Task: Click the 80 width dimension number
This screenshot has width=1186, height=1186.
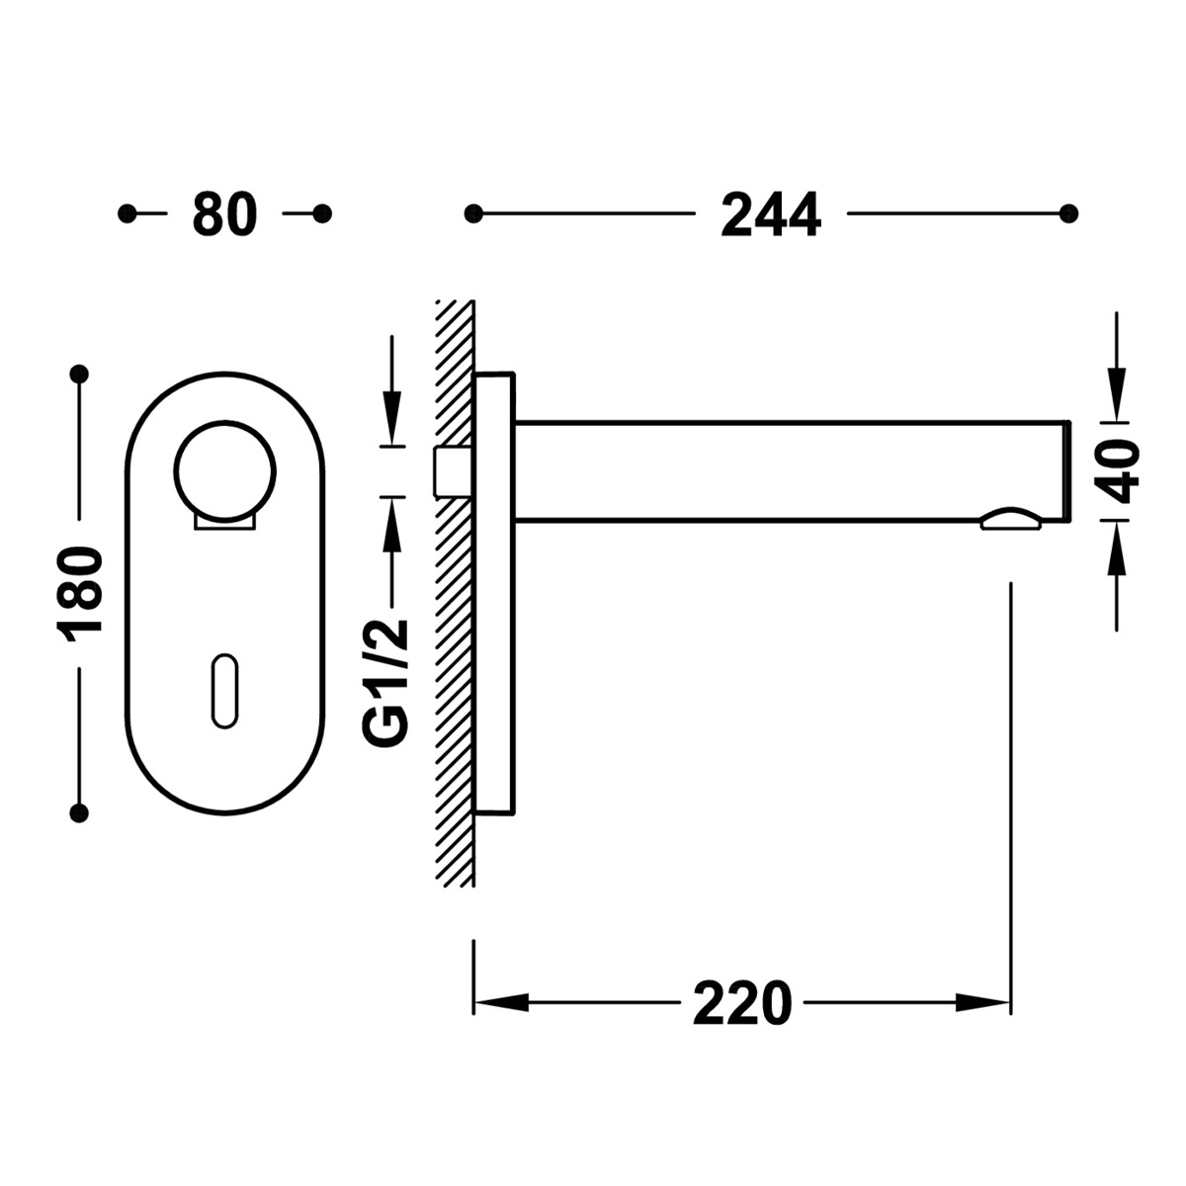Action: click(224, 213)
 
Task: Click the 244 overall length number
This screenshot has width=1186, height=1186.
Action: click(770, 214)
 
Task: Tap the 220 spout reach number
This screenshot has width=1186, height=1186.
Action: click(742, 1004)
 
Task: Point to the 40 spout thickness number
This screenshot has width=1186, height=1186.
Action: click(1118, 471)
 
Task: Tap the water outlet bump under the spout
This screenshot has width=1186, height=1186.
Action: click(1010, 521)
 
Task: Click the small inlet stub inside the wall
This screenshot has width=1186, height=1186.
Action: click(450, 471)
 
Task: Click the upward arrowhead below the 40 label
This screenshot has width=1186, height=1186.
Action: click(1117, 549)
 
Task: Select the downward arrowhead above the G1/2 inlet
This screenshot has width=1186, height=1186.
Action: click(392, 419)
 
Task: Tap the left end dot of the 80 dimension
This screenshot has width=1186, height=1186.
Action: click(127, 213)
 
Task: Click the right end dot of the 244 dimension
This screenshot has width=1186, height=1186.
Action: click(1066, 213)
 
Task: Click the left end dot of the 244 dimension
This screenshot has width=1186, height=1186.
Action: click(473, 213)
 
